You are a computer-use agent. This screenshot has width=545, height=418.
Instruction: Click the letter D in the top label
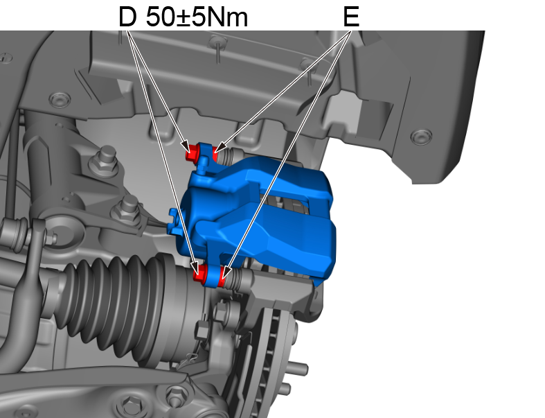coord(127,17)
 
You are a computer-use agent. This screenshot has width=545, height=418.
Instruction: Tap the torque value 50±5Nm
coord(197,17)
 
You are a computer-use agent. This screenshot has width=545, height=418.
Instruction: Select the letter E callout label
coord(351,17)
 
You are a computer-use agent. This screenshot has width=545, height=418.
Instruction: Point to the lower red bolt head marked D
coord(201,275)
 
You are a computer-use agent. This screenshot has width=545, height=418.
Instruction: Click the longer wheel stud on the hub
coord(299,368)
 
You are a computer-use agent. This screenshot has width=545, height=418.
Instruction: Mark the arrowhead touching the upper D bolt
coord(187,148)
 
